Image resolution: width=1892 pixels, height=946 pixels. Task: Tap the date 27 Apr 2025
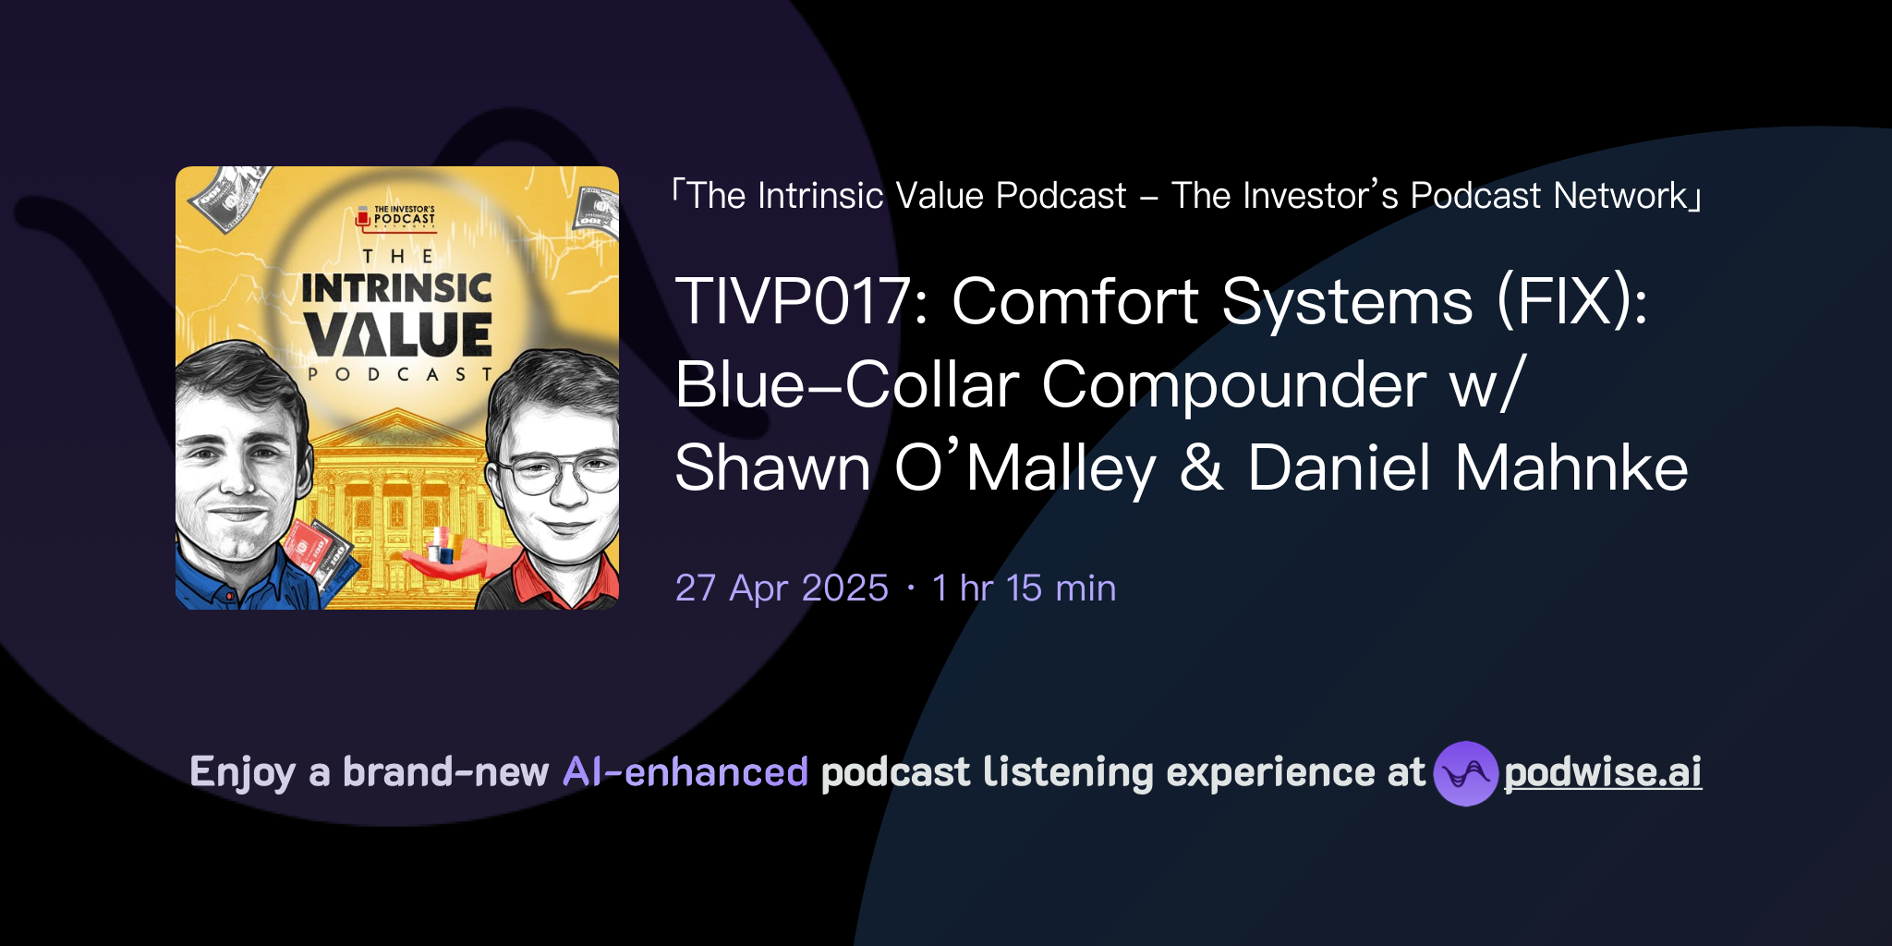pos(782,588)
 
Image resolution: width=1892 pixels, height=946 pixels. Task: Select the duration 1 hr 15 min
pos(1024,588)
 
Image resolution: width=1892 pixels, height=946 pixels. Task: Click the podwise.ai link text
pos(1603,772)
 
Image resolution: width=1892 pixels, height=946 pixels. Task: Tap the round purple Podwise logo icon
pos(1465,773)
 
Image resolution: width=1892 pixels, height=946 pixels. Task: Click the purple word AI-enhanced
pos(685,772)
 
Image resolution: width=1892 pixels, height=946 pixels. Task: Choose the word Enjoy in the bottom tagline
pos(242,772)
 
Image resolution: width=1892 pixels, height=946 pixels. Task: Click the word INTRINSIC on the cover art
pos(396,288)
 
